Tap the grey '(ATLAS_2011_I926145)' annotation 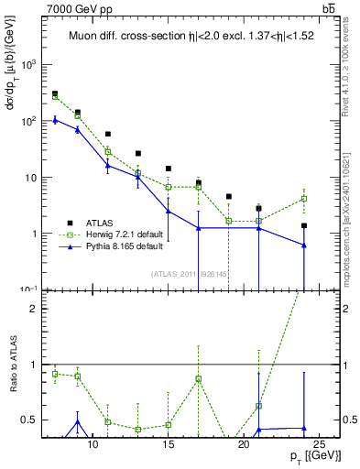pos(191,272)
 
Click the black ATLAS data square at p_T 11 pos(108,134)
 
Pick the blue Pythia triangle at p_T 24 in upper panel pos(303,245)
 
